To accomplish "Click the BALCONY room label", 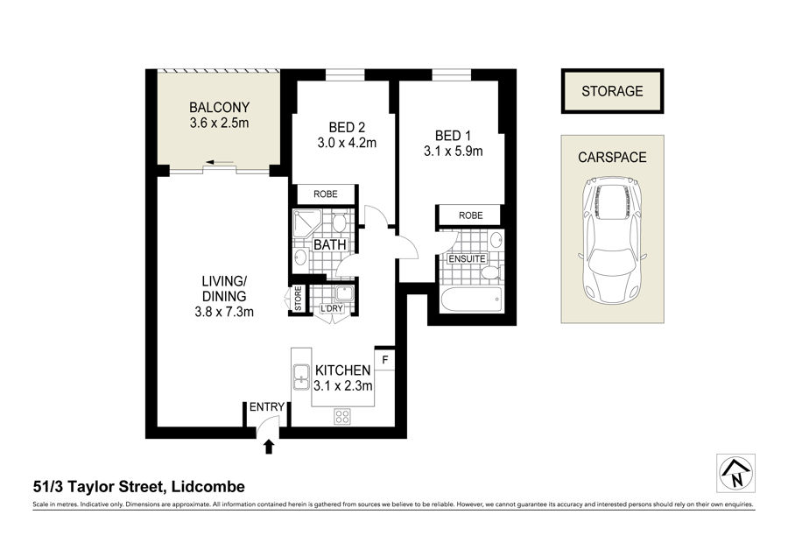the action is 219,107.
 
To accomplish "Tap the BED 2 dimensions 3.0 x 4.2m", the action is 347,143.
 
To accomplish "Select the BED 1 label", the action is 453,135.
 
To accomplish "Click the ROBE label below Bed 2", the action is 325,194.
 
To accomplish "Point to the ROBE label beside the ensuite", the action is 470,215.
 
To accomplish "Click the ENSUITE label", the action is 467,259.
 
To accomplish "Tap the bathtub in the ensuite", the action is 471,300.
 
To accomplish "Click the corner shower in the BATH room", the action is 307,222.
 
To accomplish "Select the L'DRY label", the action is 332,308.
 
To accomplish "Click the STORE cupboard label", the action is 298,299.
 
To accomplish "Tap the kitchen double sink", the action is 300,377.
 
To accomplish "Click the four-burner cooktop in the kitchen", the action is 342,416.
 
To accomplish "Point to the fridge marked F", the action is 385,360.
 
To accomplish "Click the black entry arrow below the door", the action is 269,447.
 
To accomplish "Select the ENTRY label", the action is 267,406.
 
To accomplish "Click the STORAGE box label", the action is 612,91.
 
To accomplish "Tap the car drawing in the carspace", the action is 612,240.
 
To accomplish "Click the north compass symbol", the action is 735,473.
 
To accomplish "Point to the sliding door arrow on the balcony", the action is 220,162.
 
